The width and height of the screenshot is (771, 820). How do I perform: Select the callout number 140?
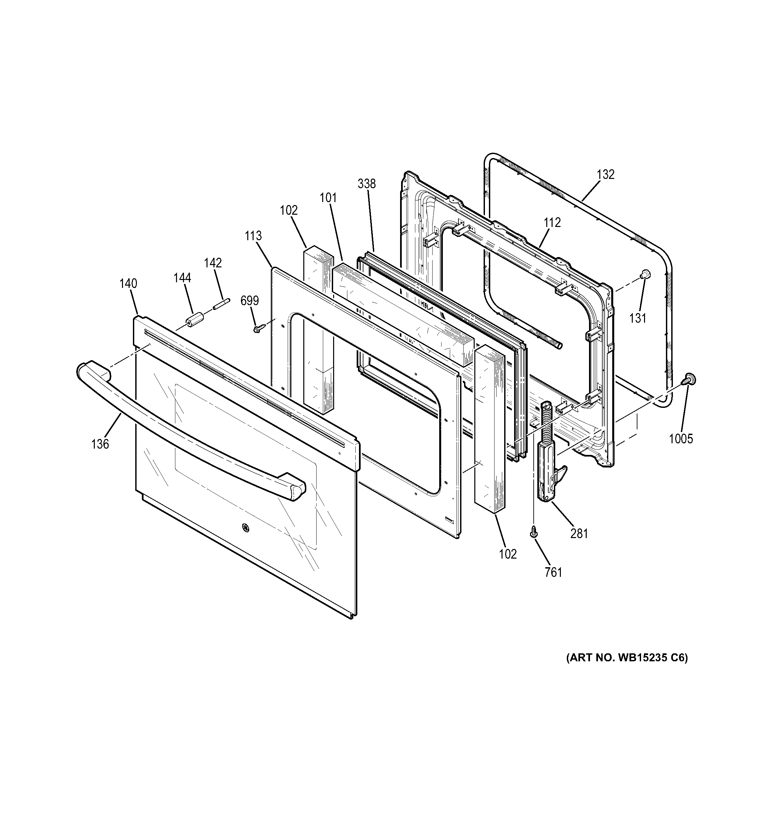pos(128,284)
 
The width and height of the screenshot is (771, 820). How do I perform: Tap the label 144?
pos(182,278)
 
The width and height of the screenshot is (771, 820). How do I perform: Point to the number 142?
pos(213,263)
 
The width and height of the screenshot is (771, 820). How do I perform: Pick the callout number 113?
pos(253,236)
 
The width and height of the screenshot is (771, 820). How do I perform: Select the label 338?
pos(367,184)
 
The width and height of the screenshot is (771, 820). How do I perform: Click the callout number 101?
pos(328,198)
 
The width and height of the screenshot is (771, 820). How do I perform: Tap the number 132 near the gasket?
pos(606,175)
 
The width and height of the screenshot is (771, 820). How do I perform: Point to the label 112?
pos(552,222)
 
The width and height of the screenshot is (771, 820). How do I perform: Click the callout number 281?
pos(579,533)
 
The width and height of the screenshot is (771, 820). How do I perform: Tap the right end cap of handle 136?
pos(296,492)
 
